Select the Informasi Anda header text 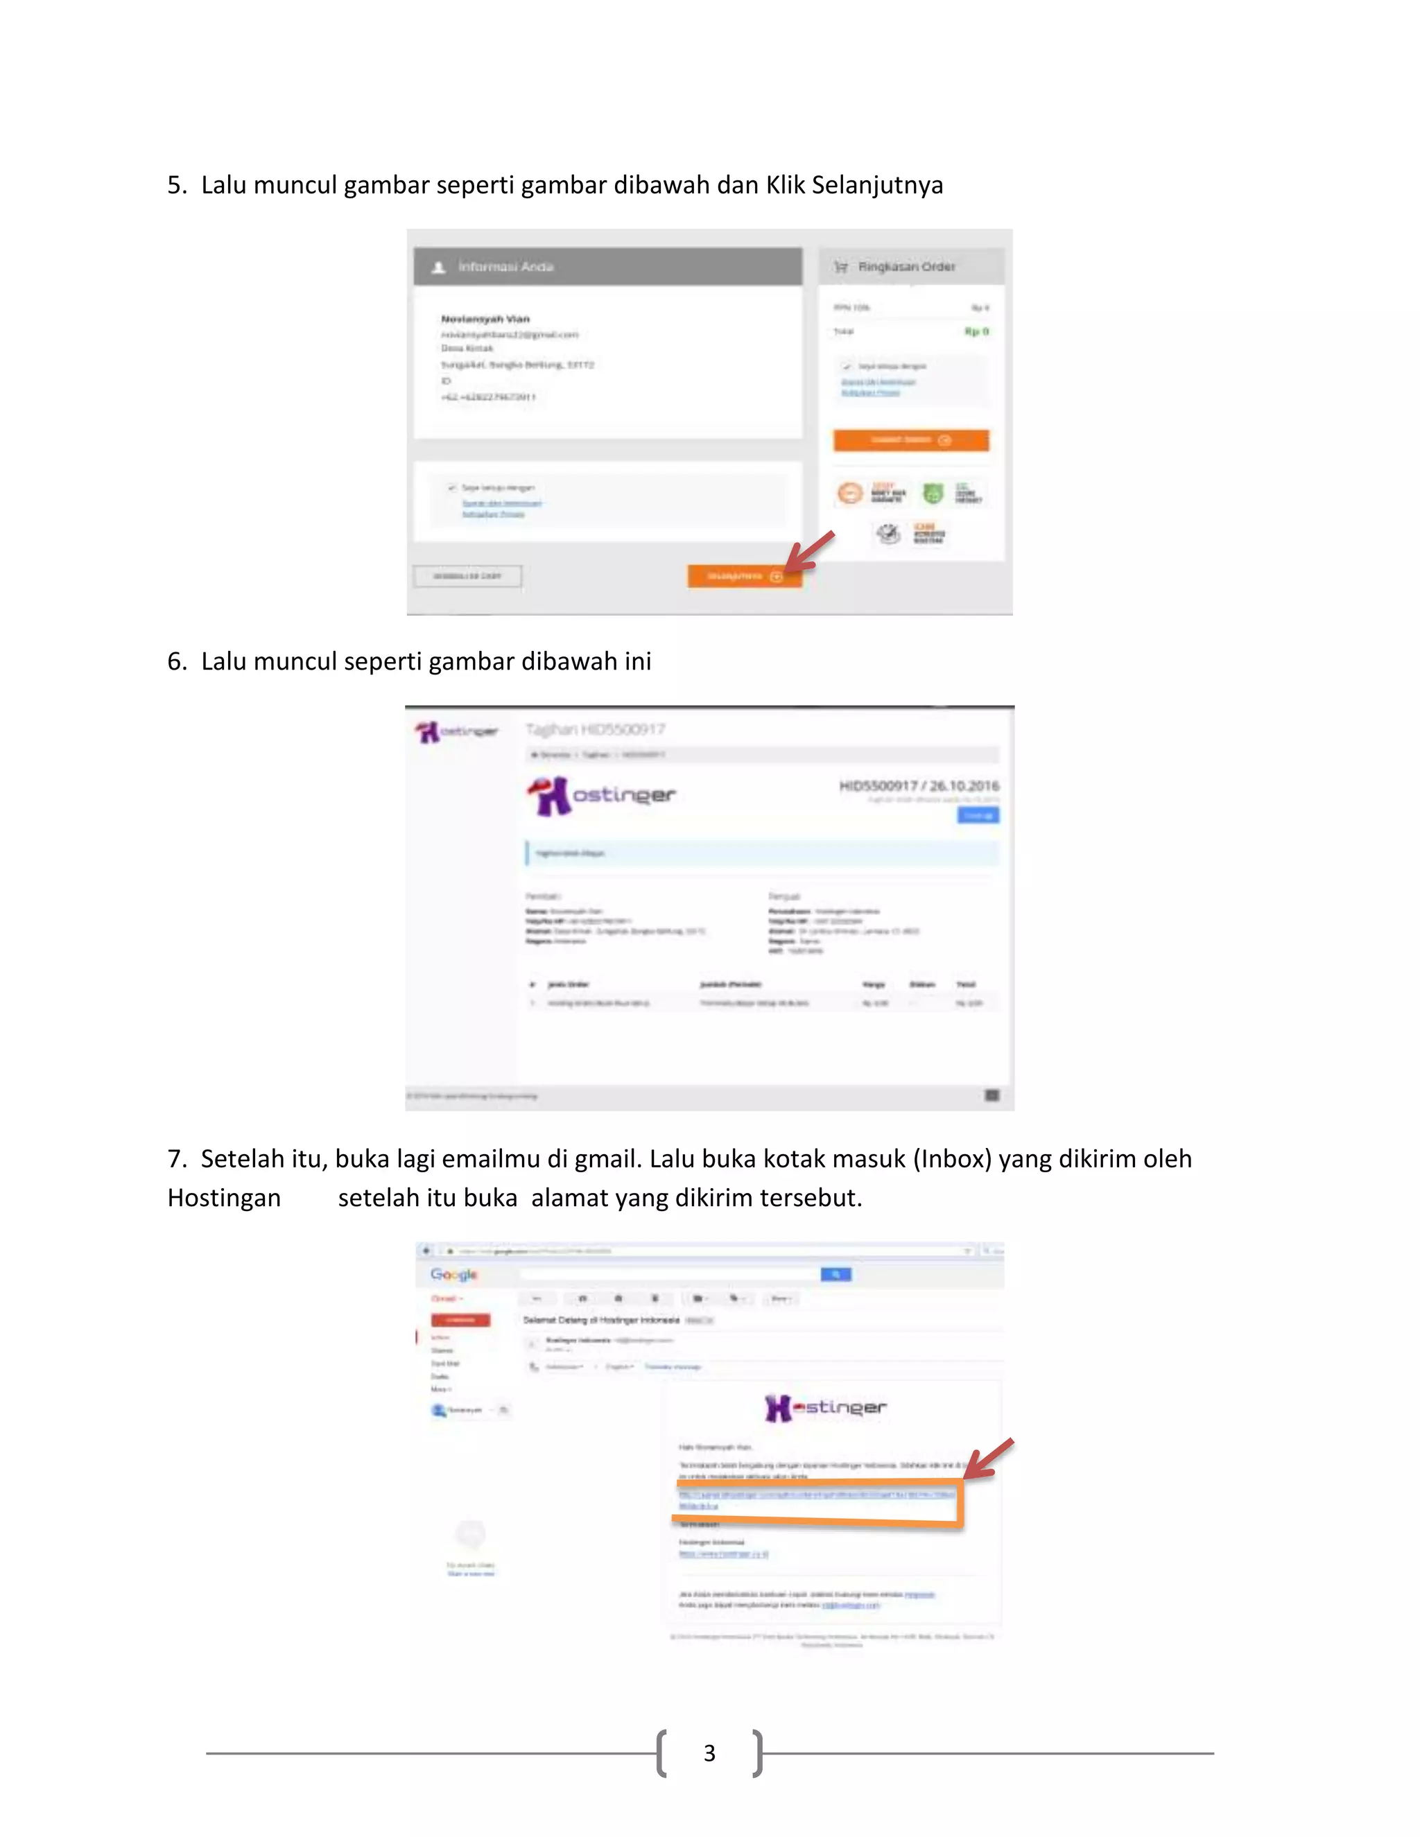(505, 267)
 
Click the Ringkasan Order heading (906, 267)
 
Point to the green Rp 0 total (976, 331)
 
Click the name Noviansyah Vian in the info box (485, 319)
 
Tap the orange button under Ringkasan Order (910, 440)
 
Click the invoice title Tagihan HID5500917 (595, 729)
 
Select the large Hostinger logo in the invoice (600, 796)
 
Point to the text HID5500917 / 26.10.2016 (919, 785)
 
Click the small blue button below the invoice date (978, 815)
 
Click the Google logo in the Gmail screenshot (453, 1274)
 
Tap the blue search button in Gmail (835, 1274)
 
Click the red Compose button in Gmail (460, 1320)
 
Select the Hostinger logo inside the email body (824, 1407)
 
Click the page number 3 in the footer (709, 1753)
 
